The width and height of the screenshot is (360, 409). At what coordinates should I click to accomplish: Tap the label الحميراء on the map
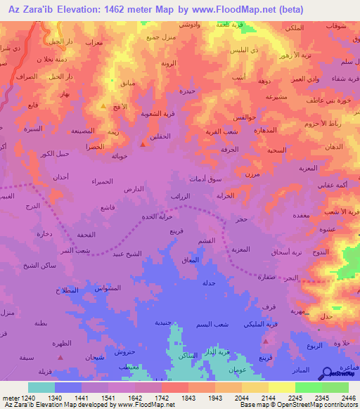click(103, 182)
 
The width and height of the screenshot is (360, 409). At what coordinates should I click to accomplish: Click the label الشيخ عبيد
click(127, 254)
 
